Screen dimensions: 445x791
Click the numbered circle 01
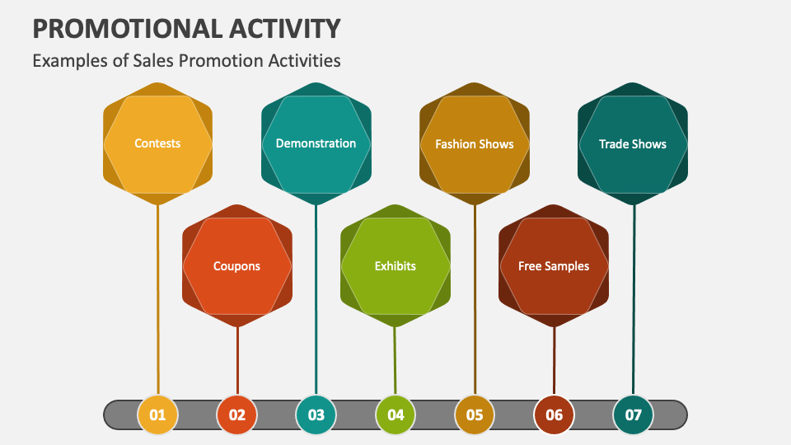click(x=157, y=415)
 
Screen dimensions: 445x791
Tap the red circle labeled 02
click(x=237, y=415)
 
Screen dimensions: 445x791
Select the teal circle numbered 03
click(x=316, y=415)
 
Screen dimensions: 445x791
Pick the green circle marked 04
click(x=395, y=415)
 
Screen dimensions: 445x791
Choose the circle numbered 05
click(x=475, y=415)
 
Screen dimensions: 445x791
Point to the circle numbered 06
click(x=554, y=415)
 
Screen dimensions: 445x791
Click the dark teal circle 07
click(x=633, y=415)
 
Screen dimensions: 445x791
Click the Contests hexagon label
click(x=157, y=143)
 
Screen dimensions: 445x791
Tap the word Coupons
click(x=236, y=266)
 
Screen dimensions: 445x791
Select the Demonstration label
click(x=316, y=143)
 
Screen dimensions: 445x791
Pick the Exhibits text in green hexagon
click(x=395, y=266)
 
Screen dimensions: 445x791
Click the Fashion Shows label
click(x=475, y=144)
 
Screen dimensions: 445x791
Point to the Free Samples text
click(x=554, y=266)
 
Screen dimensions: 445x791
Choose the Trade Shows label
click(x=633, y=144)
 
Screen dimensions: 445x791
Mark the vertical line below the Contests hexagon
click(x=157, y=297)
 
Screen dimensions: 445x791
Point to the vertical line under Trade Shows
click(x=634, y=297)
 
